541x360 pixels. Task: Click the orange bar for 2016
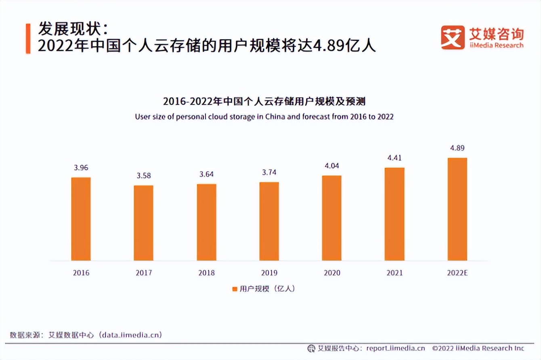[x=81, y=219]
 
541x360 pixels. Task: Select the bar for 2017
[x=143, y=223]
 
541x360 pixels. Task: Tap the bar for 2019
[x=269, y=221]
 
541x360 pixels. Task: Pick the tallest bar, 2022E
[x=457, y=209]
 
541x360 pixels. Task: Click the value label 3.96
[x=81, y=167]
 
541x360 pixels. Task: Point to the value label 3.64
[x=206, y=174]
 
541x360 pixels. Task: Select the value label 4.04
[x=331, y=166]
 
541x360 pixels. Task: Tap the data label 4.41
[x=394, y=158]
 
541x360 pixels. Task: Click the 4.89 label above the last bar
[x=457, y=148]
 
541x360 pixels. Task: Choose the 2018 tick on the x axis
[x=206, y=273]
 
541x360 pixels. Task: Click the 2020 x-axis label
[x=331, y=273]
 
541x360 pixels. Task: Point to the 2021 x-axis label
[x=394, y=273]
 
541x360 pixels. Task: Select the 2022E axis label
[x=457, y=273]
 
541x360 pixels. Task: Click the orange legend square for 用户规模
[x=235, y=289]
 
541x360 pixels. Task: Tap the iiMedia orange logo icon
[x=452, y=38]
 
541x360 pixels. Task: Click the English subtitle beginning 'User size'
[x=264, y=117]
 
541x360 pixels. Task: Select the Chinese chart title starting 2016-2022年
[x=264, y=101]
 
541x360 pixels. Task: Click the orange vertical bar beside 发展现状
[x=28, y=38]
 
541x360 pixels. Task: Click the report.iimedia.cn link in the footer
[x=395, y=348]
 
